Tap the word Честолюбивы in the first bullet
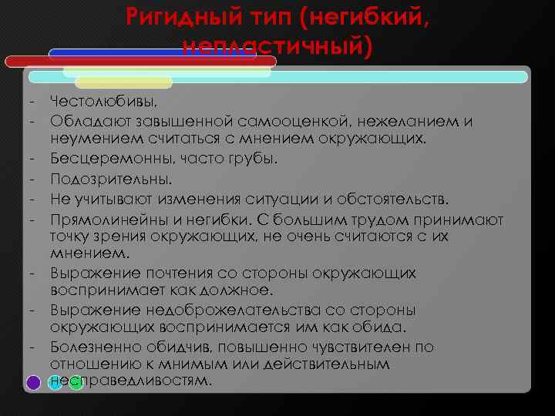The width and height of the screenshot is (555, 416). point(101,102)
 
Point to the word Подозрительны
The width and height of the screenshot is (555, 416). point(99,179)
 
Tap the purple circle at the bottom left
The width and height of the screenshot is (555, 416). point(34,381)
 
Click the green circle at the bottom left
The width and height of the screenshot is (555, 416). point(76,381)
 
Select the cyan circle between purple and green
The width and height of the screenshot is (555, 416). point(55,381)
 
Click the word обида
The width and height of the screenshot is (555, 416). point(384,327)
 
